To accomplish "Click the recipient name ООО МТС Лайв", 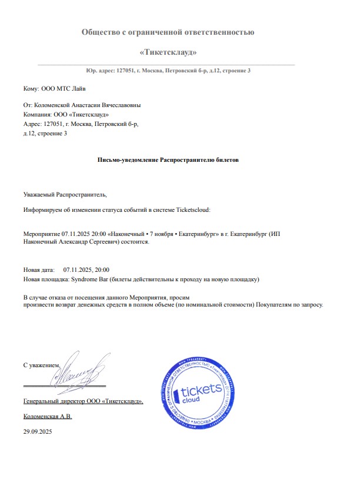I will (x=63, y=89).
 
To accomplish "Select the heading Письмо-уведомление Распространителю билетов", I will (x=168, y=159).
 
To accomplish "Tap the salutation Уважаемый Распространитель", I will (x=65, y=194).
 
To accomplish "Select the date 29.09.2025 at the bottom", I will (x=38, y=432).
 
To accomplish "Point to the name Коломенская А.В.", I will (x=47, y=416).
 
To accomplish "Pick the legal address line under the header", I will (x=168, y=71).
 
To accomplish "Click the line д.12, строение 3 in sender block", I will (x=45, y=134).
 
